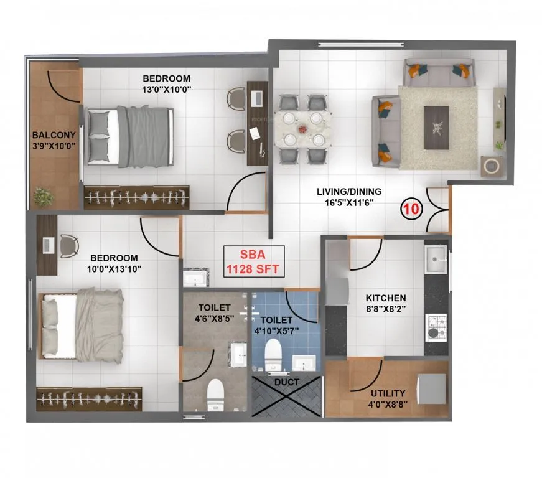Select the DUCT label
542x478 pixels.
[x=286, y=382]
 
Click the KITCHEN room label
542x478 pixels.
[x=386, y=298]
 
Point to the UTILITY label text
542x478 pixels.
[x=388, y=393]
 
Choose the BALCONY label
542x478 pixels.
[x=54, y=134]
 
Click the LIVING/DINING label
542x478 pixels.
[x=348, y=192]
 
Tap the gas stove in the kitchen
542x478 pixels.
[x=435, y=326]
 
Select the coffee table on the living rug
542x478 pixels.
[x=436, y=127]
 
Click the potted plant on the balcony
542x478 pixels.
[x=44, y=197]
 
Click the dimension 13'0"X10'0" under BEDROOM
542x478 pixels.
[x=166, y=89]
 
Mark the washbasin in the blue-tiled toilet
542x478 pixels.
[x=304, y=362]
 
